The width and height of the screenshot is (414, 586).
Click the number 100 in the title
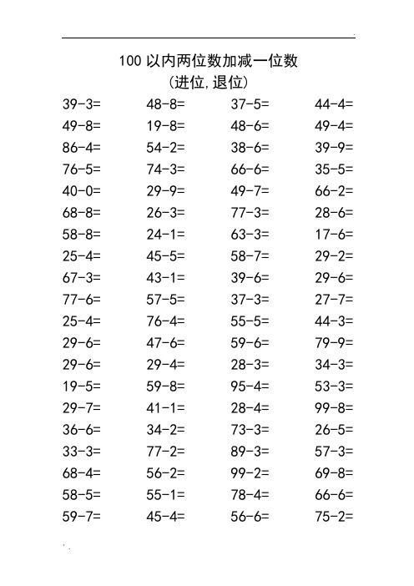[x=130, y=61]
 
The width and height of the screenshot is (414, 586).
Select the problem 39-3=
[x=82, y=104]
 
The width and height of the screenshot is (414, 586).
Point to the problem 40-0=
[x=82, y=191]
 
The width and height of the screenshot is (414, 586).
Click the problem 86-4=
[x=82, y=148]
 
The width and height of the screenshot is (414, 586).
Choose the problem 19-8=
[x=165, y=126]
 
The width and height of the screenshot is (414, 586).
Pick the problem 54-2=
[x=165, y=148]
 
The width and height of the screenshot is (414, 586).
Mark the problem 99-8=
[x=334, y=408]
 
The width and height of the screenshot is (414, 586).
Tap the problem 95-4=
[x=250, y=386]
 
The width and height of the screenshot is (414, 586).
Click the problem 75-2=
[x=334, y=517]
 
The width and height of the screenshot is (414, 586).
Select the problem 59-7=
[x=82, y=517]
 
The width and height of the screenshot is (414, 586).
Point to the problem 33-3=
[x=82, y=452]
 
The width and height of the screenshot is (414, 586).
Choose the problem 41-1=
[x=165, y=408]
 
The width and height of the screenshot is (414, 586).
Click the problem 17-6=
[x=334, y=235]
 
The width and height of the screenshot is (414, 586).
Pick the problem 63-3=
[x=250, y=235]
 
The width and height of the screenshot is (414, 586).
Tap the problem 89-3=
[x=250, y=452]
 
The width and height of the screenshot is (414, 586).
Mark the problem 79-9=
[x=334, y=343]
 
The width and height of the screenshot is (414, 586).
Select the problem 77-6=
[x=82, y=300]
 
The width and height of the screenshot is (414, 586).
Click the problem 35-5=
[x=334, y=169]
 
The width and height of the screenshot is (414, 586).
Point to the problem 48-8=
[x=165, y=104]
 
